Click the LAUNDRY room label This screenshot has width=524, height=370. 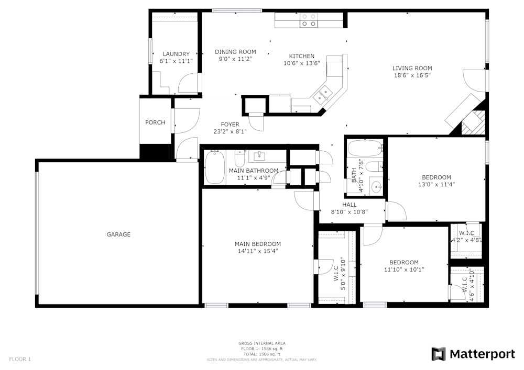[x=176, y=54]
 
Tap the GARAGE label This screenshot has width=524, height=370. [x=118, y=234]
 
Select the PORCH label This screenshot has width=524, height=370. [x=155, y=122]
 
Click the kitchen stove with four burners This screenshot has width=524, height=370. [x=309, y=20]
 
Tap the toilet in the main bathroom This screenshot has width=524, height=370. [x=240, y=158]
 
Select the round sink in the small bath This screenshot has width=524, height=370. [x=376, y=186]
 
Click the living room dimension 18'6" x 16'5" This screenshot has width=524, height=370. [x=412, y=75]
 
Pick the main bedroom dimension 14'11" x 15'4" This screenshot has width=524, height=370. [x=257, y=251]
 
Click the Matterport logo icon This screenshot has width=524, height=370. [x=439, y=354]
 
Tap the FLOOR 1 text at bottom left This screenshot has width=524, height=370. [x=20, y=359]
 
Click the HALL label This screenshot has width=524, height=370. [x=350, y=205]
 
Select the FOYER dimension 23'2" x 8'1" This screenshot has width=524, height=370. [x=230, y=132]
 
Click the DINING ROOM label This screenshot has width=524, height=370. [x=235, y=51]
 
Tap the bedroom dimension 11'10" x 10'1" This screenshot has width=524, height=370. [x=403, y=270]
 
